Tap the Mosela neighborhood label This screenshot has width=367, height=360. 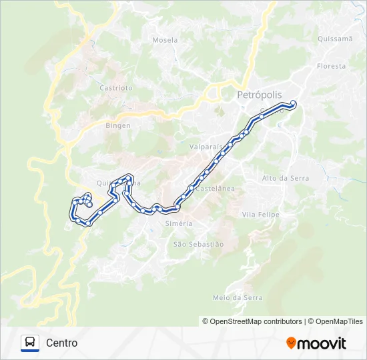point(165,40)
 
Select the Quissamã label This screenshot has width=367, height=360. point(335,39)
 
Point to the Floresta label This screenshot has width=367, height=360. point(332,66)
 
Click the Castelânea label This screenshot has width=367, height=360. point(215,189)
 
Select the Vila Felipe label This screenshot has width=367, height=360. point(260,215)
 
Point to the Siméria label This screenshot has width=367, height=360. point(178,223)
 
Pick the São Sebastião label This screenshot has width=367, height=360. point(198,245)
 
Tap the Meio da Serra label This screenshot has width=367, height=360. point(237,298)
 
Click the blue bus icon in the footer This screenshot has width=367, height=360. point(30,343)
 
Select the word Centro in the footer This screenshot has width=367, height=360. point(62,343)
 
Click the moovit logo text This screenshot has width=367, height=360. point(322,343)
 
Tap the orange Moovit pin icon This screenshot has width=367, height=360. point(291,343)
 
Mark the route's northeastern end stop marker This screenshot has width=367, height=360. point(293,103)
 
